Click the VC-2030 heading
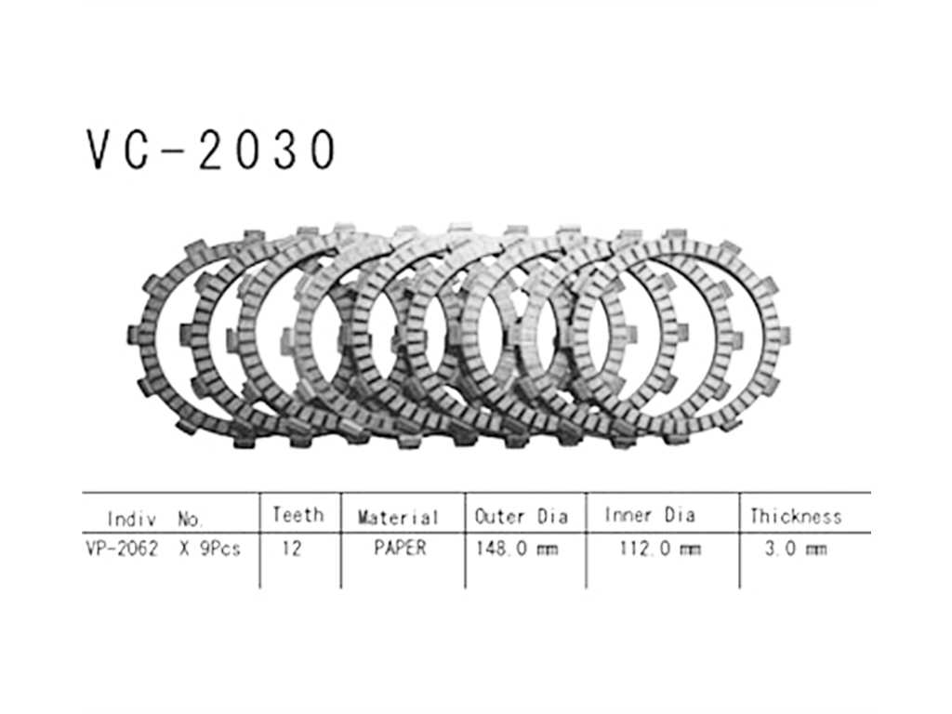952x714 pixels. [210, 150]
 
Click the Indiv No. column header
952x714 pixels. [155, 519]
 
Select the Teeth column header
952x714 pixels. [298, 515]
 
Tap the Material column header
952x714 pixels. [398, 517]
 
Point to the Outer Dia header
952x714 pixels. [522, 517]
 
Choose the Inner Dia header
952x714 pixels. [650, 515]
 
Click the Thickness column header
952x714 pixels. [796, 517]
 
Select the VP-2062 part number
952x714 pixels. [122, 549]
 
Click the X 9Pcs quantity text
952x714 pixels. [210, 549]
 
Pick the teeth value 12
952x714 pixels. [291, 549]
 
